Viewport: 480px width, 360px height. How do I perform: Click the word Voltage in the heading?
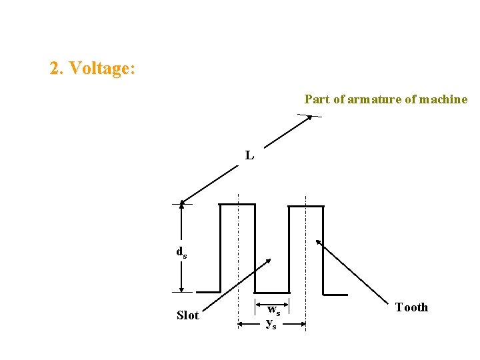tap(101, 69)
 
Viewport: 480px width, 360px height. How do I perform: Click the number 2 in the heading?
tap(55, 69)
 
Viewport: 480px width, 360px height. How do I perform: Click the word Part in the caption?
tap(317, 99)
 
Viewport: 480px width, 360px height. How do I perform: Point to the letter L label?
tap(249, 155)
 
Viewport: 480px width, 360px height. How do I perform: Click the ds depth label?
tap(181, 252)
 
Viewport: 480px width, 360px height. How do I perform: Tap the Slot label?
tap(187, 315)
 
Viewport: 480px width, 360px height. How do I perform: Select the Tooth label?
tap(411, 307)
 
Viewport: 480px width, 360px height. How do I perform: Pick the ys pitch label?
tap(271, 324)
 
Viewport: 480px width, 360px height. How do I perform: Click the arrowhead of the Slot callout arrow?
tap(269, 261)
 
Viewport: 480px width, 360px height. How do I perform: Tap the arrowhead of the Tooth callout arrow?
tap(319, 241)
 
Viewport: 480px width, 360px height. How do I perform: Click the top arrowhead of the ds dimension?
tap(181, 207)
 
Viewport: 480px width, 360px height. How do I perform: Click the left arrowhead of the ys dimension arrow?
tap(242, 325)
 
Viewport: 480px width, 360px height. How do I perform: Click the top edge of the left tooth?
tap(237, 205)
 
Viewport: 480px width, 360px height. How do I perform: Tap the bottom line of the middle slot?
tap(272, 293)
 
